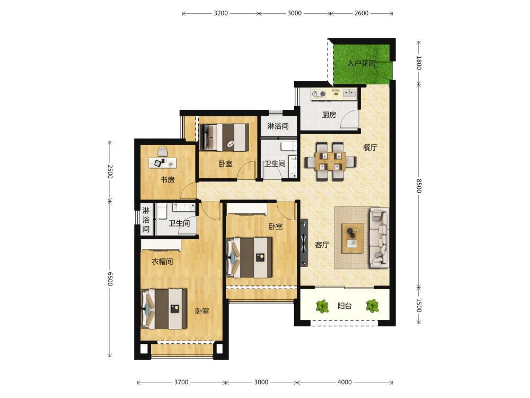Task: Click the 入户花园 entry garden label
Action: (361, 63)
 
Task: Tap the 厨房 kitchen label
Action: (329, 115)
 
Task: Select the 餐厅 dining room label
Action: (370, 147)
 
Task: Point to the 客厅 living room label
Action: (322, 244)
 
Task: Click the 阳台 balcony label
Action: (344, 306)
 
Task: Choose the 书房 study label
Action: (167, 180)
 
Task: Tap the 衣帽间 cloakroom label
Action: (162, 261)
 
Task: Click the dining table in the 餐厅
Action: (331, 161)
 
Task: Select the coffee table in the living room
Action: (352, 238)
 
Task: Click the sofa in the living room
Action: (379, 238)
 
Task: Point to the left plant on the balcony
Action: (322, 306)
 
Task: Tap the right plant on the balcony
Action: (372, 306)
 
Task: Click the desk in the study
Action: (163, 163)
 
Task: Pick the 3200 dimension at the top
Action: (220, 13)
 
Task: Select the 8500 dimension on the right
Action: (419, 185)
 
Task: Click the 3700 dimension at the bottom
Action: (181, 382)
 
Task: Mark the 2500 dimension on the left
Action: (110, 171)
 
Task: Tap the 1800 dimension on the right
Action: (419, 63)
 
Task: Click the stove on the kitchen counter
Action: (319, 94)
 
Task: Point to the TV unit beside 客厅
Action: (304, 243)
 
